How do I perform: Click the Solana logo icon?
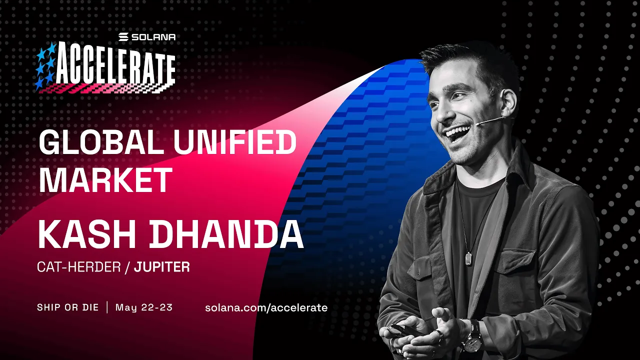[x=123, y=37]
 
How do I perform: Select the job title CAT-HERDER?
[x=79, y=267]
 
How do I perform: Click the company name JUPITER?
[x=162, y=267]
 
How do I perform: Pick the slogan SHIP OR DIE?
[x=68, y=307]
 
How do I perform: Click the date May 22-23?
[x=144, y=307]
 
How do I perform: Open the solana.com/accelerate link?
[x=266, y=307]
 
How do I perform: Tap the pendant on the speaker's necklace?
[x=468, y=258]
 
